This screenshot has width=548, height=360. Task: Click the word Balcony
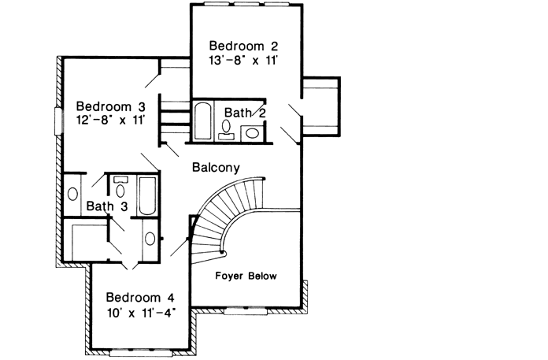(215, 167)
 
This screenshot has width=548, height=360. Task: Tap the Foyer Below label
(246, 276)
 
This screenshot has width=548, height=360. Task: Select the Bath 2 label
(245, 113)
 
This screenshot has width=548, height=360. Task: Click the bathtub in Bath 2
(202, 121)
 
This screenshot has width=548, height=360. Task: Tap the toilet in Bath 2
(226, 128)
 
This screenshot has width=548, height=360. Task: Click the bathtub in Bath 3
(147, 195)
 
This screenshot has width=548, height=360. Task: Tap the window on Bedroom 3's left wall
(57, 121)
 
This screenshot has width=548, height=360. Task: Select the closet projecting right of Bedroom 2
(321, 102)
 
